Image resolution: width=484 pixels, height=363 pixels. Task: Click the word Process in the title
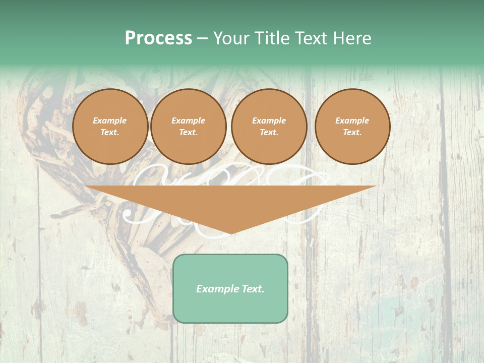(158, 38)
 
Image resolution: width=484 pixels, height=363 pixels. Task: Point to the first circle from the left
(110, 127)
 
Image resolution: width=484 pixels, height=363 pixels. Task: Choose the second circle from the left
(188, 127)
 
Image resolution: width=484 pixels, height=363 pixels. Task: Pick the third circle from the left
(269, 127)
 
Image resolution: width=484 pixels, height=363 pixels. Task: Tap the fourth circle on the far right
(352, 127)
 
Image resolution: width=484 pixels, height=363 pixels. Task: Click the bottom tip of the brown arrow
(230, 233)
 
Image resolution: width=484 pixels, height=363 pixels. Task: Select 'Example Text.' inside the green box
(230, 289)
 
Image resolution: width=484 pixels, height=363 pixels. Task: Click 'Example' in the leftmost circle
(110, 120)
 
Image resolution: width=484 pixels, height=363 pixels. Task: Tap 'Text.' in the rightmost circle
(352, 132)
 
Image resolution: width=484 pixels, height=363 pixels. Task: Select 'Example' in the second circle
(188, 120)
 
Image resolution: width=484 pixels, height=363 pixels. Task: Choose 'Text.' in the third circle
(269, 132)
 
